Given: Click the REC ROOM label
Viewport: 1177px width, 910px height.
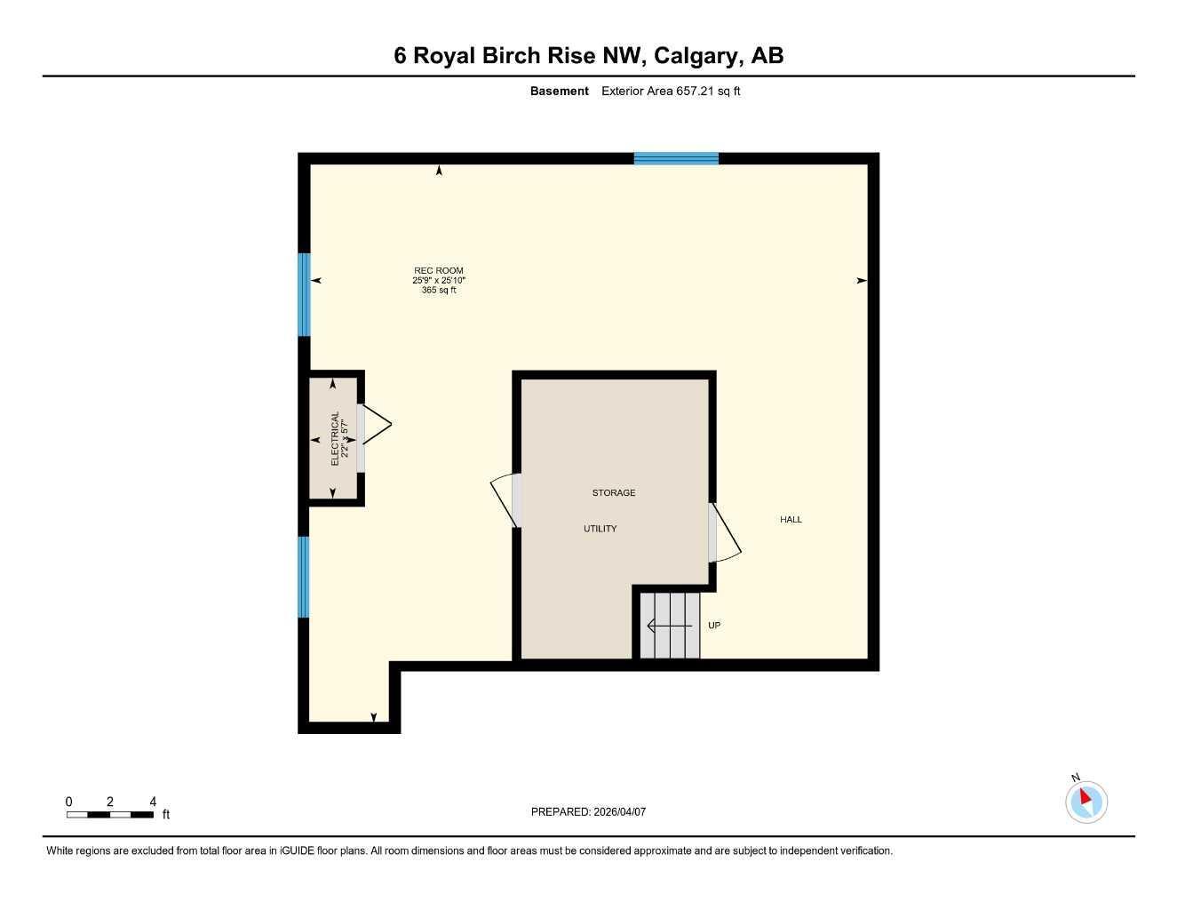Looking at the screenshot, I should pos(439,271).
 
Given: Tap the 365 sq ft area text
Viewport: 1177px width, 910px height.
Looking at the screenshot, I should pos(439,291).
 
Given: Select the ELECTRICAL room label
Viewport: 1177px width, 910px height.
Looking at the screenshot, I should pos(335,438).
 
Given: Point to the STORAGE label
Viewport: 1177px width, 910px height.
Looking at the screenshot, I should pos(614,492).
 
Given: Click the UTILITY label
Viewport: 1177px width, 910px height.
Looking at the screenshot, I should pos(600,529).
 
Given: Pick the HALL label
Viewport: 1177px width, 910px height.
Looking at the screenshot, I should pos(791,520).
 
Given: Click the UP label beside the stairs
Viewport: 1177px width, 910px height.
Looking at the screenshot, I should pos(714,626).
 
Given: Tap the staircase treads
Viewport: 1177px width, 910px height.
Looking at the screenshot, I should pos(671,626).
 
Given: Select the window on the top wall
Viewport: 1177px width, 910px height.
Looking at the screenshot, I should pos(676,159).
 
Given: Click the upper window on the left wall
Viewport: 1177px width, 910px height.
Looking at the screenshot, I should pos(304,295).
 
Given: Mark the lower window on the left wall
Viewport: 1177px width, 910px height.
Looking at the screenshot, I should pos(304,577).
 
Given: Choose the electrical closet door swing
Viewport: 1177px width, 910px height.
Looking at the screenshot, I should pos(373,426).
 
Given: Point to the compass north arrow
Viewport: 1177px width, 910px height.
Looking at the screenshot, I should pos(1086,798).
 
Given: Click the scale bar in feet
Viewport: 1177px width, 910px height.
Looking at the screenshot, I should pos(110,814).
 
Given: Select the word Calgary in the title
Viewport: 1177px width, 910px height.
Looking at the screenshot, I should pos(698,56).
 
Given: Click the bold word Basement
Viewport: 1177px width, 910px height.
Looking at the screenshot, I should pos(559,91).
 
